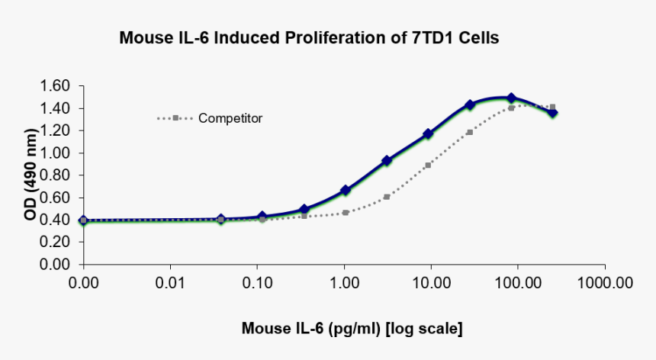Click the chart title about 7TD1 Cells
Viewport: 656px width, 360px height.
click(x=309, y=37)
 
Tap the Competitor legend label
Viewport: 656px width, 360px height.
click(x=230, y=118)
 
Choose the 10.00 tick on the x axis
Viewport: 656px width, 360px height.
click(x=431, y=284)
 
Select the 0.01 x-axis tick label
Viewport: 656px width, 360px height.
click(x=170, y=284)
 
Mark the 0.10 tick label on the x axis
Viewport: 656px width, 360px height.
click(x=257, y=284)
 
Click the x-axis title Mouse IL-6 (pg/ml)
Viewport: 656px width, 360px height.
click(x=352, y=329)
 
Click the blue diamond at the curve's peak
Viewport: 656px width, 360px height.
click(x=511, y=98)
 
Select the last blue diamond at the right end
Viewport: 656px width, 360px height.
click(x=553, y=113)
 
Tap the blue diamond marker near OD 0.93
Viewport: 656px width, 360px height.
click(x=387, y=161)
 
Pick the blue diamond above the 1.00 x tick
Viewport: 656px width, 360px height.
click(x=345, y=190)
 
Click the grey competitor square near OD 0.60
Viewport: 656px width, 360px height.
click(x=387, y=197)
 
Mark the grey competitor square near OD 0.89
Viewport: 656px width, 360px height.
click(x=428, y=165)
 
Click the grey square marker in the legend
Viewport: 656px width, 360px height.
click(x=175, y=118)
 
